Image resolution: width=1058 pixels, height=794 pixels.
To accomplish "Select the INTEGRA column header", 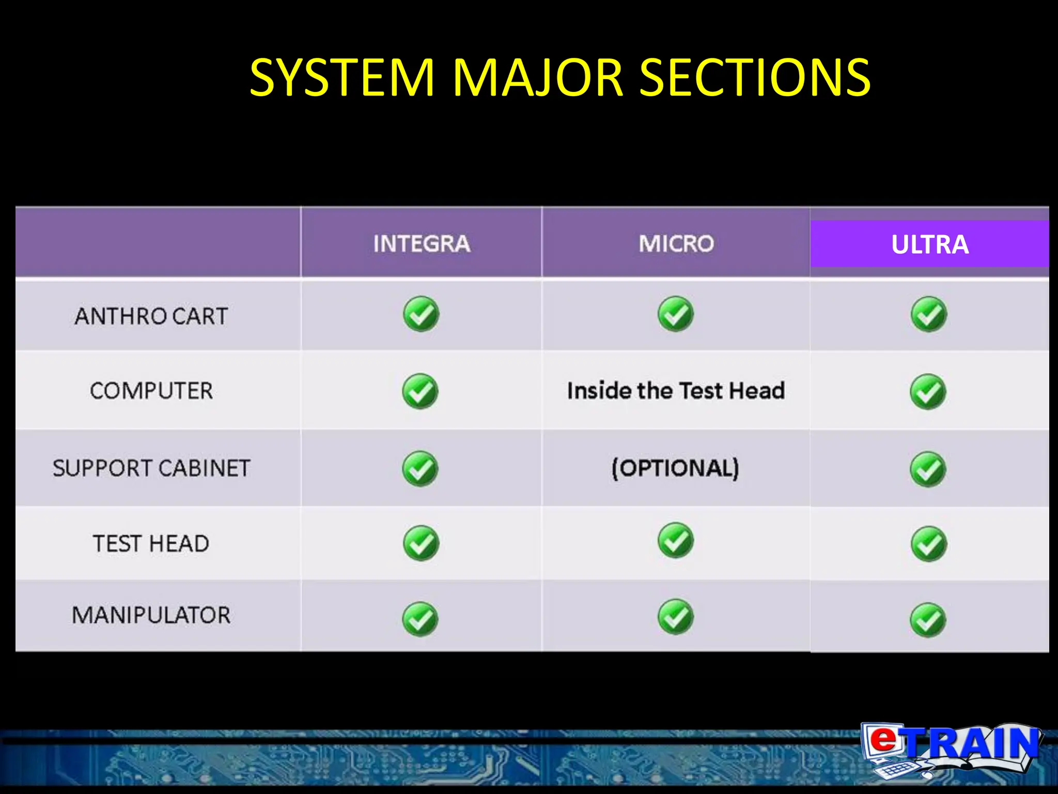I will (422, 243).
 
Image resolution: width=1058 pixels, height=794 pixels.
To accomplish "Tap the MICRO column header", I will (676, 243).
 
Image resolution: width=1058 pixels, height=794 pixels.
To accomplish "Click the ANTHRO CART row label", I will (151, 316).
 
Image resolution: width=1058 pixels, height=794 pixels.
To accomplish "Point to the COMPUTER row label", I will (151, 391).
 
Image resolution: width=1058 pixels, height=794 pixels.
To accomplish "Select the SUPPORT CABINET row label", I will (151, 468).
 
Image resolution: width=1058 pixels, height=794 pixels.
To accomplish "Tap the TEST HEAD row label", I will (151, 543).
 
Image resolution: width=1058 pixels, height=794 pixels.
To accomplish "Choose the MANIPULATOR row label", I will (151, 615).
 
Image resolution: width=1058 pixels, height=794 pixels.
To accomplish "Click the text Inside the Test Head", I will (676, 390).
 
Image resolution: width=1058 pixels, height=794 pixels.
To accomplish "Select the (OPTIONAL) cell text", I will (676, 468).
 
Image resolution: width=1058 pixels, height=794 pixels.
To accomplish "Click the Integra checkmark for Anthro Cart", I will (421, 314).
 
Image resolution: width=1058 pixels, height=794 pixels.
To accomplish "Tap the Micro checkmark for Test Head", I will (676, 540).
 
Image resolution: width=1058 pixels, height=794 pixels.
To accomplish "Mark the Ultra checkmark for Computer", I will (928, 391).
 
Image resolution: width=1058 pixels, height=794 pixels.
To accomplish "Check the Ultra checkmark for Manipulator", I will (928, 620).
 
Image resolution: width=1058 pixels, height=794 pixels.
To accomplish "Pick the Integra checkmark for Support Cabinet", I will (420, 469).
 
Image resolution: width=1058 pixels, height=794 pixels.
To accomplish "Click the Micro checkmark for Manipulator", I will (676, 617).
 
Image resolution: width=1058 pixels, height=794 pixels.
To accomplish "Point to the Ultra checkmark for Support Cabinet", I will (928, 469).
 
